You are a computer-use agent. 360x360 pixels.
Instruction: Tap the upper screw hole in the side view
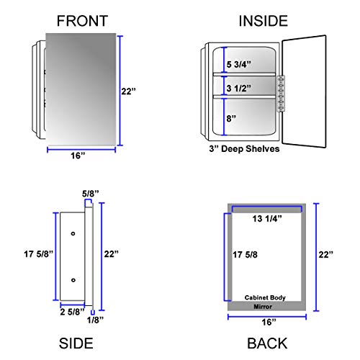pyautogui.click(x=73, y=234)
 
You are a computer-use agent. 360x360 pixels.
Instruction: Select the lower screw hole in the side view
pyautogui.click(x=73, y=279)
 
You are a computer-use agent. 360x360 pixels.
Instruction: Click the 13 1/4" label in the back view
pyautogui.click(x=266, y=217)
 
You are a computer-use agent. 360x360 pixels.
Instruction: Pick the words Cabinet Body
pyautogui.click(x=267, y=297)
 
